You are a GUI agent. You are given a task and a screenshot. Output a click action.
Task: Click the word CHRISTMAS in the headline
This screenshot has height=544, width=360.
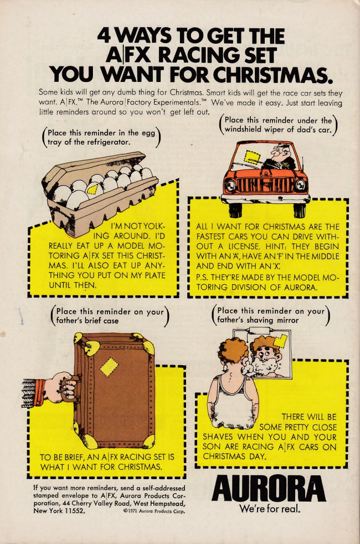270,74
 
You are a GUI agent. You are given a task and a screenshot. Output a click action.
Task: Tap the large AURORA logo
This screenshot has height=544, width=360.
269,489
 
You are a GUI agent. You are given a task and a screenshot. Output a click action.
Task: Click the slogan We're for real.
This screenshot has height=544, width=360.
270,509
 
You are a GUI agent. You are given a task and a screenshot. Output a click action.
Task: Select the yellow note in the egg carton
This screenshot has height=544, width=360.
93,189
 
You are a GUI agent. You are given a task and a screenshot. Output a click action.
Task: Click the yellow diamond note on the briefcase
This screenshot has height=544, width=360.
109,367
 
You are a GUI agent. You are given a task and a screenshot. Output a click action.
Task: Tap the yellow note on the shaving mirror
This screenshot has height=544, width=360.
280,341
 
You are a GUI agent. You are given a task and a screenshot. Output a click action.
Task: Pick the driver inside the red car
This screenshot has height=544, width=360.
281,158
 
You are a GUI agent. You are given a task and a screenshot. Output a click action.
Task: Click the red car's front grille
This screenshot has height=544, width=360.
266,185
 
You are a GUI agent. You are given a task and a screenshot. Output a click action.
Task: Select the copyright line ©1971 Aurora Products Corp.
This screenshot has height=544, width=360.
154,511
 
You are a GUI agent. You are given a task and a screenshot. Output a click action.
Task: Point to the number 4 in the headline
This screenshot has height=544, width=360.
104,35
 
